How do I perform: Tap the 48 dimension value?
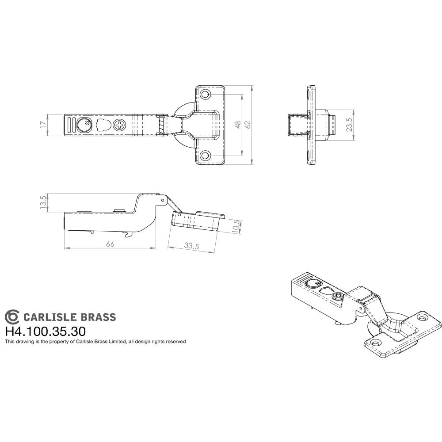pos(238,125)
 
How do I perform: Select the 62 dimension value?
pos(248,125)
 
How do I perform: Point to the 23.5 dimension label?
pos(349,125)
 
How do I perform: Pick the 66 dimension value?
pos(110,244)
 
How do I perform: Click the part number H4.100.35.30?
pos(45,331)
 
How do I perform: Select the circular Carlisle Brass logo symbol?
pos(12,317)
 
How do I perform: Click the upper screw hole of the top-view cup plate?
pos(205,95)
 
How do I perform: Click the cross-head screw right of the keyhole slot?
pos(120,125)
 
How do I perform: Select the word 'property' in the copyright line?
pos(57,342)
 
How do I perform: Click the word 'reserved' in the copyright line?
pos(175,342)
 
